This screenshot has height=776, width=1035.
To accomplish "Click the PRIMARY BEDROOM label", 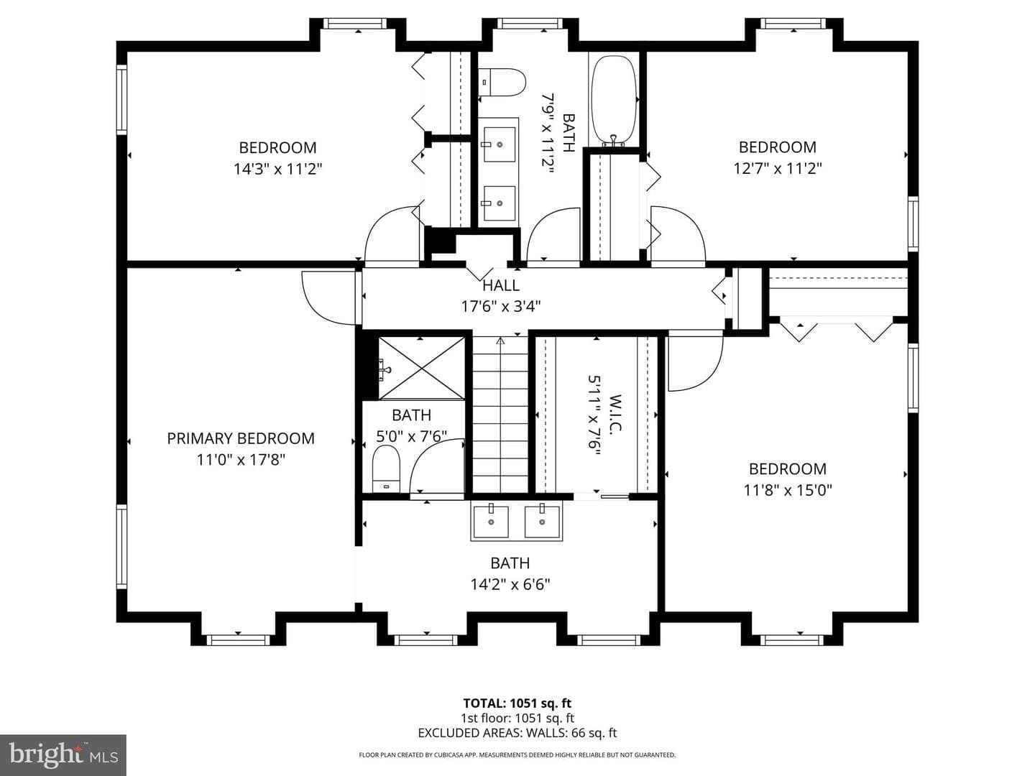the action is click(241, 438).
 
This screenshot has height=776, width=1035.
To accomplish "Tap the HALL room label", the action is click(501, 285).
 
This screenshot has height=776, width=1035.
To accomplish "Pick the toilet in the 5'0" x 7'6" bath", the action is click(386, 468).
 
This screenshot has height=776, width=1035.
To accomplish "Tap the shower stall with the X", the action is click(421, 368).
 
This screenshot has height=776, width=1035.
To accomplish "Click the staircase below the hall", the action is click(500, 414).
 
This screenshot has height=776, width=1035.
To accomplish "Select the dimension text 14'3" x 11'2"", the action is click(277, 169).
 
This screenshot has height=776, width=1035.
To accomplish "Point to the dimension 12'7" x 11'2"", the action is click(778, 168).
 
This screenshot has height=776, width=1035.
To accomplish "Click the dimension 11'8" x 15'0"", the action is click(788, 491).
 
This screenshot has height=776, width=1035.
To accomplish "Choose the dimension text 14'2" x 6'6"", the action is click(510, 585).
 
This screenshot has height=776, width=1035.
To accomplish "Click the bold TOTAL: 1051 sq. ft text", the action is click(517, 703).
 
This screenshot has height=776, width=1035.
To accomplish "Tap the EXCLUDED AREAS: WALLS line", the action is click(517, 733).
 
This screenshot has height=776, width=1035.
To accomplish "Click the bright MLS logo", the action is click(63, 754).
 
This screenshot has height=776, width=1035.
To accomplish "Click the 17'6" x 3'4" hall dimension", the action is click(501, 307).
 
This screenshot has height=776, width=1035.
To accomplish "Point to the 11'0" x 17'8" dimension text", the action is click(241, 459).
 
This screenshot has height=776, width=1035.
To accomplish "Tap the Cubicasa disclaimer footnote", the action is click(517, 754).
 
